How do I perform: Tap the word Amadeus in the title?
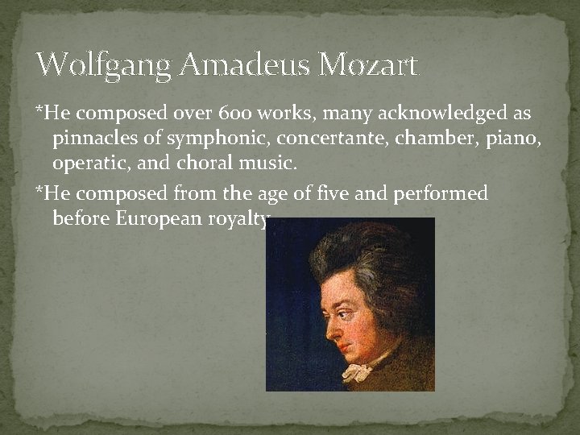pos(245,64)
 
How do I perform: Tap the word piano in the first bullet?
pos(513,139)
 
